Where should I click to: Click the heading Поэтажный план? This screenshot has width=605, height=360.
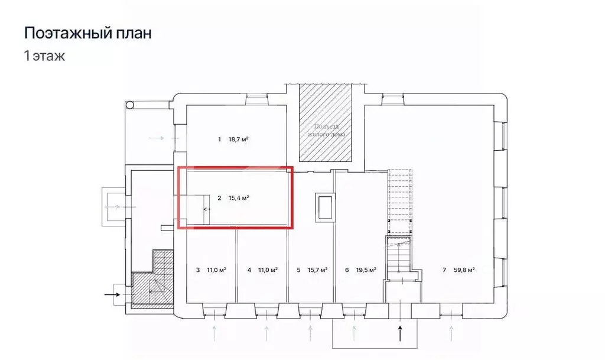(x=87, y=33)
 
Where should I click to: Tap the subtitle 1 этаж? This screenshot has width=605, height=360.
(x=44, y=57)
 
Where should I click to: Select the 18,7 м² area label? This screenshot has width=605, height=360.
(x=238, y=140)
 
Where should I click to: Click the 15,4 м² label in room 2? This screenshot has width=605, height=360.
(x=238, y=199)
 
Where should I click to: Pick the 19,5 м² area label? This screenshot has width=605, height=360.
(x=367, y=270)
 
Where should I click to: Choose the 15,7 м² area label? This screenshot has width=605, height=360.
(x=318, y=270)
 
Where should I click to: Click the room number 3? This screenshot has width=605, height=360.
(x=197, y=270)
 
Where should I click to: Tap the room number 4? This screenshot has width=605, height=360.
(x=249, y=270)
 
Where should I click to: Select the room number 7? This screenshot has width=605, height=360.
(x=444, y=270)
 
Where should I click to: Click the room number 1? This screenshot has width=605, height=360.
(x=219, y=140)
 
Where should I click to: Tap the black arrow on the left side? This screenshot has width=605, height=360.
(x=112, y=293)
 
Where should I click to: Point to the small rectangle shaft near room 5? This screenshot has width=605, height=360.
(x=325, y=207)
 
